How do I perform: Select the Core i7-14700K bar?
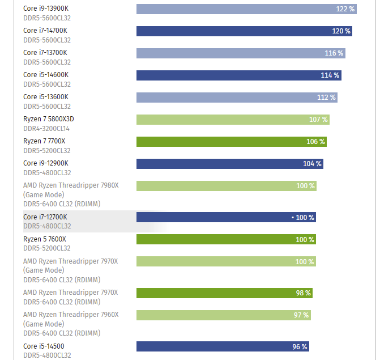click(x=244, y=31)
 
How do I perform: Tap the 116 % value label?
click(x=334, y=53)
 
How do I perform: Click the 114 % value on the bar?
click(x=330, y=75)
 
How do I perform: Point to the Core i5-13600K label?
click(x=45, y=97)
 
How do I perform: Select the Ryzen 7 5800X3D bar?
click(x=233, y=120)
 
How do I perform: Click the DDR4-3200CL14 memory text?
click(x=46, y=129)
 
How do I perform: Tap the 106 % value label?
click(x=315, y=142)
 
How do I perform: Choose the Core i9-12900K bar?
click(x=229, y=164)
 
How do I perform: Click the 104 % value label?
click(x=312, y=164)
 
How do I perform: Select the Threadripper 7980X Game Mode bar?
click(x=226, y=186)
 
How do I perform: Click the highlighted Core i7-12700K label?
click(x=45, y=217)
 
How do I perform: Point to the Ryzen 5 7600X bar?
click(x=226, y=239)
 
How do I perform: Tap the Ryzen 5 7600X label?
click(x=44, y=239)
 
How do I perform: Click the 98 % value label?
click(x=304, y=293)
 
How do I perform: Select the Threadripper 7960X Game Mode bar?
click(x=223, y=315)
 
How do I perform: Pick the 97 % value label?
click(x=301, y=315)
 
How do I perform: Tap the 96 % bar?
click(x=223, y=346)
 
